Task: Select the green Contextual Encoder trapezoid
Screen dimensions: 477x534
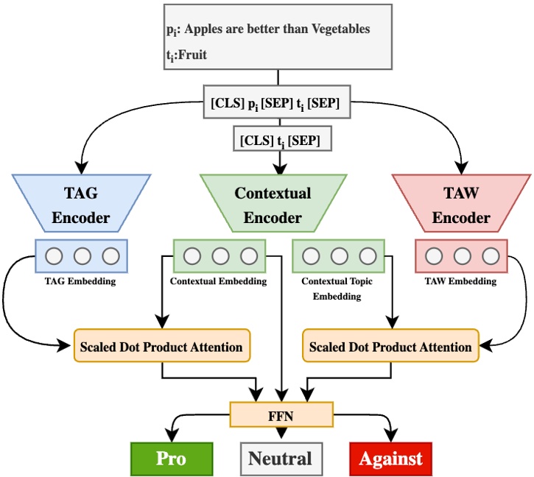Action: pos(273,205)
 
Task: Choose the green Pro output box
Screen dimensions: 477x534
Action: pos(171,458)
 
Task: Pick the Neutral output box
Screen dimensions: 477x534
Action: pos(280,458)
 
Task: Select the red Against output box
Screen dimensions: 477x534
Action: pos(390,458)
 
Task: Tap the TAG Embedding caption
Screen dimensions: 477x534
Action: pos(80,280)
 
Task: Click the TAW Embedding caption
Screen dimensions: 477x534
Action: pos(461,280)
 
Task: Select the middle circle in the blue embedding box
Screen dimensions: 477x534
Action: pos(82,256)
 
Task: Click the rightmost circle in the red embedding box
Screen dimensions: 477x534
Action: pos(490,256)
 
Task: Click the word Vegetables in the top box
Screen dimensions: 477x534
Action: pos(337,29)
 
